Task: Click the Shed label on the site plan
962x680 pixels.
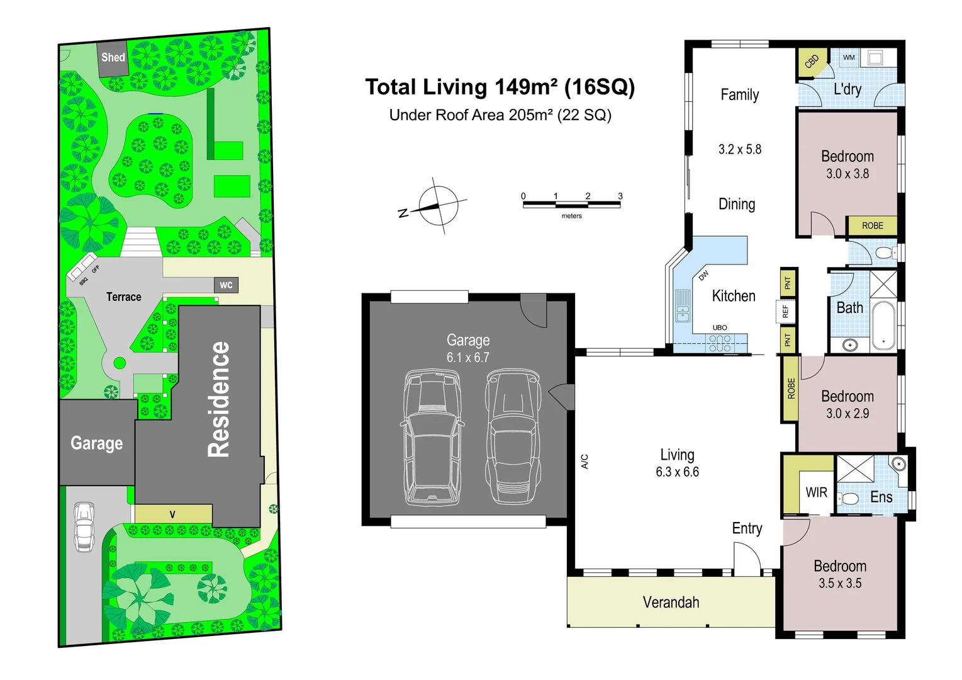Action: coord(113,57)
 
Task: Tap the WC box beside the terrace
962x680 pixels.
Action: coord(227,285)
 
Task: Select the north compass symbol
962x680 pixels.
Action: coord(433,207)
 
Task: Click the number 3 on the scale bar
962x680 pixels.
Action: coord(620,196)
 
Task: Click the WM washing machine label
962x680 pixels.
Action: coord(849,57)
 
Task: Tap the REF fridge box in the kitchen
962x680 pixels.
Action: coord(785,311)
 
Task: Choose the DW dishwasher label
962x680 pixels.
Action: coord(703,276)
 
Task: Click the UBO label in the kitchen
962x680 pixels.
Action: coord(720,327)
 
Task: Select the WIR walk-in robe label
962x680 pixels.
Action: coord(816,492)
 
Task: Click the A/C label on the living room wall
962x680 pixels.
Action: coord(584,462)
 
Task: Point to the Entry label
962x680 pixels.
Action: coord(747,528)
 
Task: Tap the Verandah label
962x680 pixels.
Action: coord(671,602)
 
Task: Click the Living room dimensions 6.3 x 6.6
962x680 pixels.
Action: coord(677,472)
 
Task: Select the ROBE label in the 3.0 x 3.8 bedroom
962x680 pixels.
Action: coord(873,225)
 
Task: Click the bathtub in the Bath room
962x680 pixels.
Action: coord(883,326)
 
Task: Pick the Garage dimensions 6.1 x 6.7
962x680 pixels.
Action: coord(467,357)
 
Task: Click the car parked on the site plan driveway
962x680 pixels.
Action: coord(84,527)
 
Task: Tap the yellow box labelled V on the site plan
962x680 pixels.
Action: coord(174,514)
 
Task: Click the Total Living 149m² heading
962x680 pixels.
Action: coord(500,88)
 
